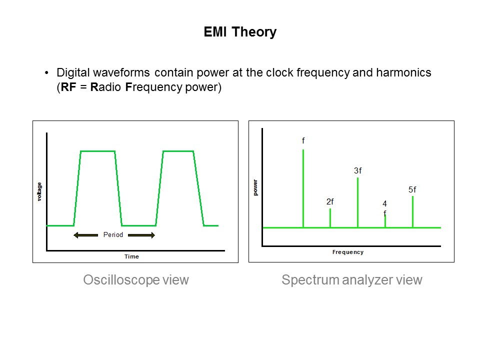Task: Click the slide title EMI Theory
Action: click(x=240, y=32)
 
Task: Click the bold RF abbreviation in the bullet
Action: click(x=67, y=86)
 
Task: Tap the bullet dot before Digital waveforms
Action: click(x=47, y=73)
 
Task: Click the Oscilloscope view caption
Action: click(x=136, y=280)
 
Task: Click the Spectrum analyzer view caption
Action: click(x=351, y=280)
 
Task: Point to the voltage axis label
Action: click(x=39, y=192)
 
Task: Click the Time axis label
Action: click(x=131, y=256)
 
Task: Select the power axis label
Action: click(x=255, y=187)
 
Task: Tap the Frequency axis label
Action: click(x=347, y=252)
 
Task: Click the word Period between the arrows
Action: click(x=113, y=234)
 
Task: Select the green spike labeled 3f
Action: click(x=357, y=202)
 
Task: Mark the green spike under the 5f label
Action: click(x=412, y=211)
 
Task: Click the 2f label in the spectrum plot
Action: click(x=330, y=201)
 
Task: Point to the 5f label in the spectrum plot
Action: click(x=412, y=189)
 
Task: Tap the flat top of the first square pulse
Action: click(x=97, y=151)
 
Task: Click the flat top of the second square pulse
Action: click(x=178, y=151)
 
